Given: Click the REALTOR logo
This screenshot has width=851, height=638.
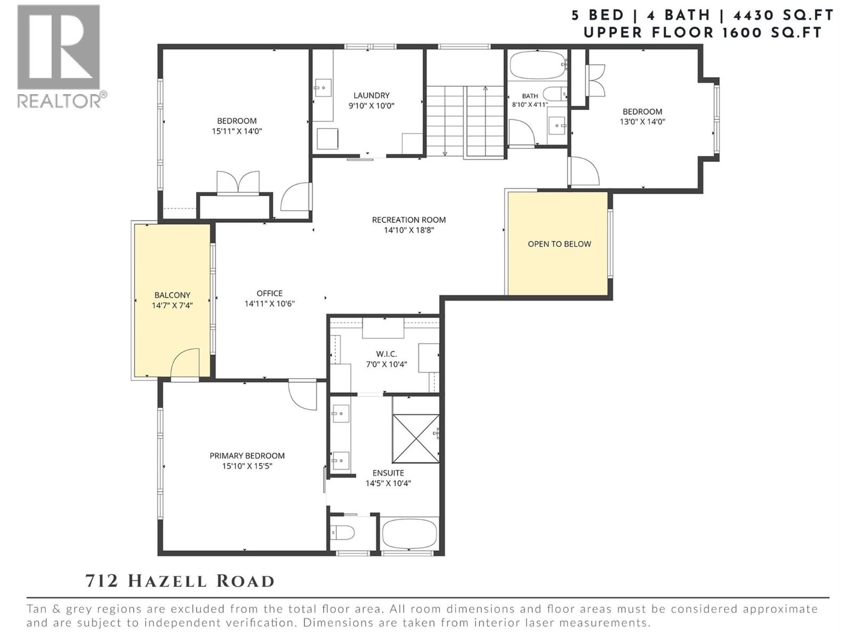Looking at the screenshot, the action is coord(61,56).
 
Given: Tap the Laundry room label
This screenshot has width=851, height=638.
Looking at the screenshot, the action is coord(371,95).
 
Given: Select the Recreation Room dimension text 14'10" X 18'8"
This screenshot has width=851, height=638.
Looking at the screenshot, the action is coord(409,230).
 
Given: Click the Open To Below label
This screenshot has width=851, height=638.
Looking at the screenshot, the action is coord(560,244).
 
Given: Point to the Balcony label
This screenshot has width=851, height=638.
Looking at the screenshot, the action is coord(172,295).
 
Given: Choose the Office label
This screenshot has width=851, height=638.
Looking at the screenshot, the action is coord(270,293).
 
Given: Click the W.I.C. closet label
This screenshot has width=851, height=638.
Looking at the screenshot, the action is coord(387,354).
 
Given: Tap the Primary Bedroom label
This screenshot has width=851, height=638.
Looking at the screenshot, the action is coord(247,456).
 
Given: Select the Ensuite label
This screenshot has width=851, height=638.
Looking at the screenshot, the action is coord(388,473).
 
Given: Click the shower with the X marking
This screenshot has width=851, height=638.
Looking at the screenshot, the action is coord(415,438).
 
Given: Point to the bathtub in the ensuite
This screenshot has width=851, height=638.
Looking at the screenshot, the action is coord(410,533).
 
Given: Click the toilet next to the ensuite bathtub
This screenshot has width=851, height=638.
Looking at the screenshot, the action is coord(343,533).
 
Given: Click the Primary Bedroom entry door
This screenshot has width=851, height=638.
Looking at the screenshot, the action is coord(303,396).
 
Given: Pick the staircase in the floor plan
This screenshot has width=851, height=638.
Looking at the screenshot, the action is coord(465,121).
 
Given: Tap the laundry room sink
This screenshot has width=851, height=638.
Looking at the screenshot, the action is coord(322,88).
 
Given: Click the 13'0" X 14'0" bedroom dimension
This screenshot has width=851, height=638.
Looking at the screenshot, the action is coord(643,122).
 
